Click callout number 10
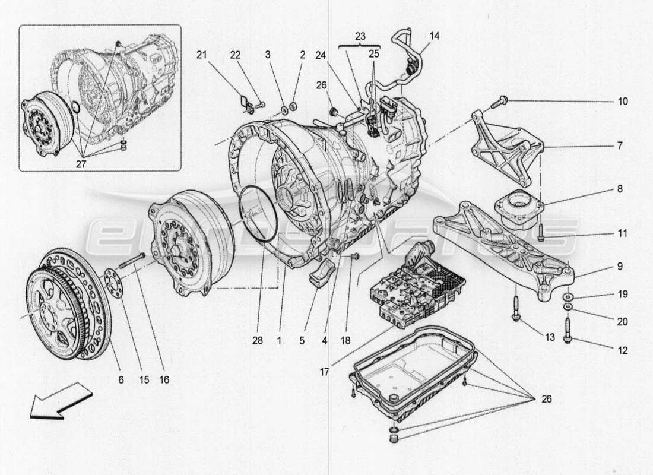point(622,102)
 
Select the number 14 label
point(435,36)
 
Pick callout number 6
point(121,379)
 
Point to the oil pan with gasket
point(413,371)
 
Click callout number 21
point(202,55)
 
